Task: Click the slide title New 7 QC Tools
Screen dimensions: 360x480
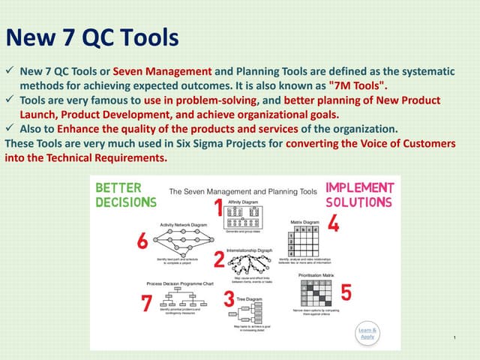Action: pos(92,37)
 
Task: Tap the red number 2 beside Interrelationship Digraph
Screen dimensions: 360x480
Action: pos(219,259)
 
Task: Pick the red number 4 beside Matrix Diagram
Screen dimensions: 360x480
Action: pos(333,223)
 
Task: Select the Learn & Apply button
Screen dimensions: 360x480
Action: pos(367,333)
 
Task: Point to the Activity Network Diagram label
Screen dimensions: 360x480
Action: pos(184,224)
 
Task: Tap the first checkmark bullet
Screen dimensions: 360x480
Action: pos(10,70)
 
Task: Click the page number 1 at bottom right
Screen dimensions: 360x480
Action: pos(455,339)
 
